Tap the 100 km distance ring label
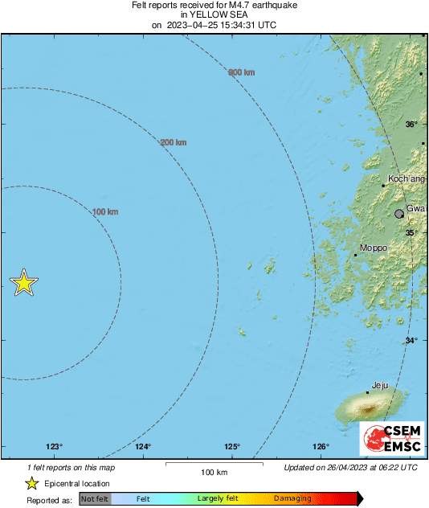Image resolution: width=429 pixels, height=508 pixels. (x=105, y=212)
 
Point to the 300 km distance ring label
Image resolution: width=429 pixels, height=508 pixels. (x=242, y=73)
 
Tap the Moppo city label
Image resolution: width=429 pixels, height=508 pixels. (x=373, y=248)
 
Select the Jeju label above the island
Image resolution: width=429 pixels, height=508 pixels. (x=381, y=386)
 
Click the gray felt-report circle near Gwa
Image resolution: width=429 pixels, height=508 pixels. (x=399, y=214)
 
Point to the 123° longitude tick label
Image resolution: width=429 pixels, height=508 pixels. (x=54, y=447)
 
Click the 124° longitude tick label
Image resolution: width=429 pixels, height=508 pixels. (x=143, y=447)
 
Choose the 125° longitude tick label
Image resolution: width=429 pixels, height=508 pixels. (x=232, y=447)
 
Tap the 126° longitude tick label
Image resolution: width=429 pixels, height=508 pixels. (x=321, y=447)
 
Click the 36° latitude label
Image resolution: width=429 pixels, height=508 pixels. (x=411, y=125)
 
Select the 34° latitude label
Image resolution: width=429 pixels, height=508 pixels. (x=411, y=341)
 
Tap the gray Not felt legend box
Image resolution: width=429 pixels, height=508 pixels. (x=95, y=499)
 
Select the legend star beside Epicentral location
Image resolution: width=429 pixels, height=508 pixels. (x=31, y=483)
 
